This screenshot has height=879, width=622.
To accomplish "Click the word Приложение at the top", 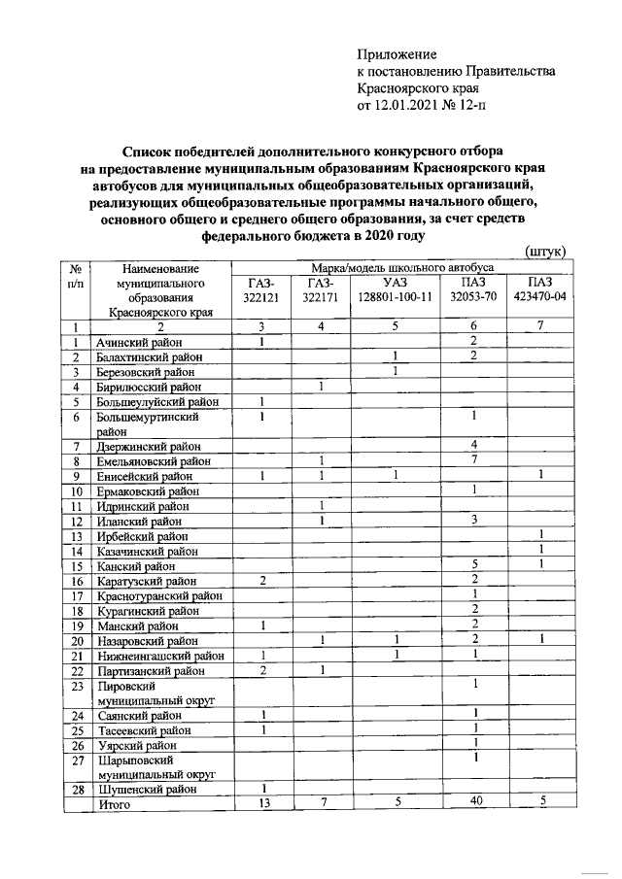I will (x=397, y=54).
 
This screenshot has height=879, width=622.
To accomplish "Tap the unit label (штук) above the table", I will (x=545, y=252).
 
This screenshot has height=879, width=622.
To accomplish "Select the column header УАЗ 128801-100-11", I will (x=394, y=289).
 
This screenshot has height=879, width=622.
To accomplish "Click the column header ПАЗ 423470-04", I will (x=539, y=289).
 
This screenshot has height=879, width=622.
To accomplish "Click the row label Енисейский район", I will (x=144, y=477).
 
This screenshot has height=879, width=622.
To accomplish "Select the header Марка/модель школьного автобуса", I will (x=402, y=266).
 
